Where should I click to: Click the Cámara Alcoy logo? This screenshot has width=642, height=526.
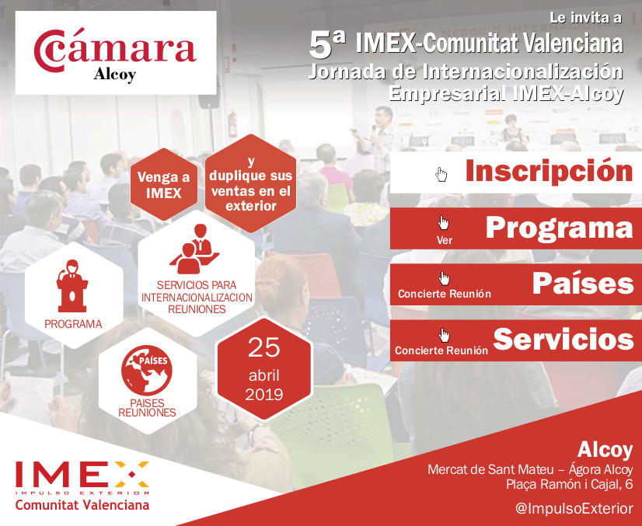tap(116, 53)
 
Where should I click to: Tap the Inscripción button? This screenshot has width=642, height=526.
tap(516, 172)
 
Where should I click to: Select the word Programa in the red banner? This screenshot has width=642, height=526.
tap(560, 228)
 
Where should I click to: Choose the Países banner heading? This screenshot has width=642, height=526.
tap(583, 284)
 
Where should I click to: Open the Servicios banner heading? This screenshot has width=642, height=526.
tap(563, 340)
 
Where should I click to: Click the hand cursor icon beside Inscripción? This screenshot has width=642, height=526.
tap(441, 174)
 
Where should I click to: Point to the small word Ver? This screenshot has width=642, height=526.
tap(445, 240)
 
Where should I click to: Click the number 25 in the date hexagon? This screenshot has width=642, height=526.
tap(264, 347)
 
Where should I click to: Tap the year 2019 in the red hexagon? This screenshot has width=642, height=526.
tap(264, 395)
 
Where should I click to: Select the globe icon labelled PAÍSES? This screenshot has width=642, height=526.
tap(147, 370)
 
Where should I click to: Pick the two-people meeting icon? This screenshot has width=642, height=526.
tap(194, 248)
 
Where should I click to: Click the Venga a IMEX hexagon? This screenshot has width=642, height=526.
tap(164, 185)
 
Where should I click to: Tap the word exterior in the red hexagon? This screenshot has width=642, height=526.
tap(250, 206)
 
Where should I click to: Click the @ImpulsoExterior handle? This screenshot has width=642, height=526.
tap(574, 508)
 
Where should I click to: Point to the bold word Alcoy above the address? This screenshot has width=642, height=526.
tap(605, 450)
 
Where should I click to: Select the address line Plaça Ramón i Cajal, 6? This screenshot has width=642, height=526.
tap(570, 484)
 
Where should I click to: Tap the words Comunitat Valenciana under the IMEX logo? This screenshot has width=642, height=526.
tap(82, 505)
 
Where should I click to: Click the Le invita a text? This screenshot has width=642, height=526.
tap(585, 18)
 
